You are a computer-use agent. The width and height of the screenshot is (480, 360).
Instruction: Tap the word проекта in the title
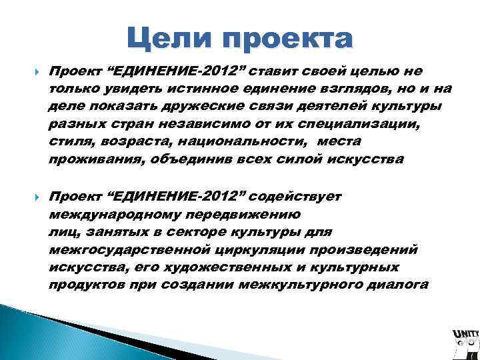(287, 41)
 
